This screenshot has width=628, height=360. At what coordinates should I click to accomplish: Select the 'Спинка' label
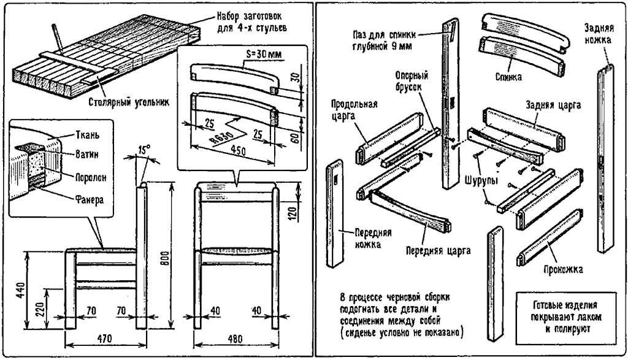[509, 77]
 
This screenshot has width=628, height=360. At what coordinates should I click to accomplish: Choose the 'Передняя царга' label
[438, 250]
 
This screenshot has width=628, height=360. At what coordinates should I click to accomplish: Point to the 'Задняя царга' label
[554, 105]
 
